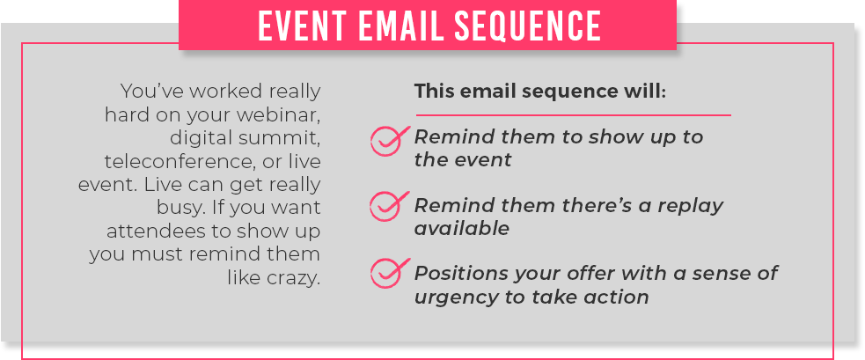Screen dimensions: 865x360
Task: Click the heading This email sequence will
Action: click(540, 92)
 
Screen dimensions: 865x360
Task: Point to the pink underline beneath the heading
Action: click(573, 115)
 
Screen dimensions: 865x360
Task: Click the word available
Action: click(462, 228)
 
